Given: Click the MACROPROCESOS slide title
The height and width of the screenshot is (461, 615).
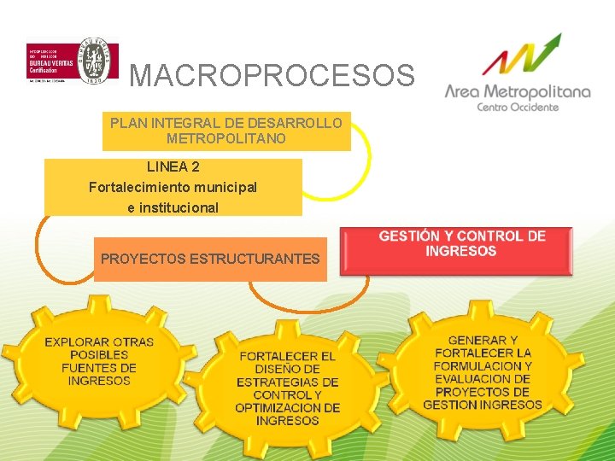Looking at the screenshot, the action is coord(272,76).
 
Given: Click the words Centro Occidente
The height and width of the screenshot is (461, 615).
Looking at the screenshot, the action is coord(518,107).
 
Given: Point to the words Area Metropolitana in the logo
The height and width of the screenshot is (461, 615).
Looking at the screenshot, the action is coord(518,90).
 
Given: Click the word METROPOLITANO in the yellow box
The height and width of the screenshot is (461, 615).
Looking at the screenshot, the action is coord(226,138).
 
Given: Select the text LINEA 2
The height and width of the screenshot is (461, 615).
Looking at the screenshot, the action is coord(173,166).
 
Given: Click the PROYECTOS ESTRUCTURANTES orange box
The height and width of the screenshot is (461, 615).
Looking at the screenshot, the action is coord(210,259).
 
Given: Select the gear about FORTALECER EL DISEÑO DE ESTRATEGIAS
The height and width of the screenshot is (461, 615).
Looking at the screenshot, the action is coord(288,388).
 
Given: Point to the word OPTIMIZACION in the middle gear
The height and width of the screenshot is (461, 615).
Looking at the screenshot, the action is coord(288,408).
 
